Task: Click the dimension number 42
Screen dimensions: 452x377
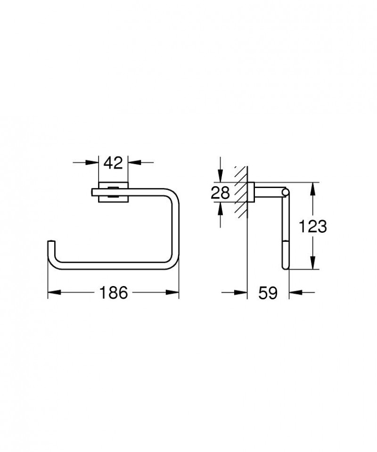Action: (113, 163)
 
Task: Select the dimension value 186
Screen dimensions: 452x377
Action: (113, 293)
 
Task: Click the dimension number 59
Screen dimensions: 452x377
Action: (267, 293)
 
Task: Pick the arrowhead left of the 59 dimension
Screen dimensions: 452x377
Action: (241, 293)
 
